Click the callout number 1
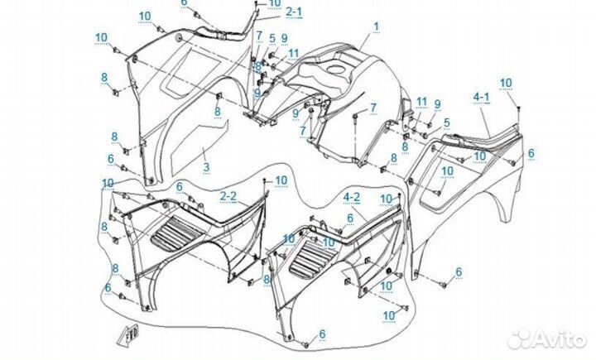[x=375, y=26]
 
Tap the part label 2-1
[x=294, y=12]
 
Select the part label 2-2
[x=228, y=195]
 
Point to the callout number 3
[x=206, y=167]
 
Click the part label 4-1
[x=482, y=97]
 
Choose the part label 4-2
[x=352, y=197]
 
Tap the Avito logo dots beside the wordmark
[x=521, y=338]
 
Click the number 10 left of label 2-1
[x=274, y=3]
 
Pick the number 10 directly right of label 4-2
[x=386, y=199]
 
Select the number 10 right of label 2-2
[x=281, y=180]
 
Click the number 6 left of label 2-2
[x=179, y=187]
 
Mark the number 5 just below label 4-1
[x=446, y=122]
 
